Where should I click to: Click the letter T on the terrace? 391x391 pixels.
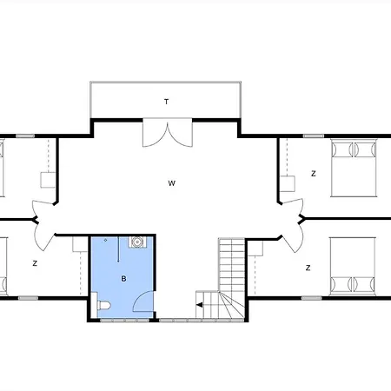[x=166, y=102]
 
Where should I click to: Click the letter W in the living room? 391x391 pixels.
[x=172, y=183]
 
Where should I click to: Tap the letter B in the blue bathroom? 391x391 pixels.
[x=123, y=279]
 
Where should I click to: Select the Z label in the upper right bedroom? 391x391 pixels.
[x=314, y=174]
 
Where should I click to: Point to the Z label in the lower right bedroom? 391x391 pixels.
[x=308, y=268]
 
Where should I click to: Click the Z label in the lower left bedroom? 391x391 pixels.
[x=35, y=263]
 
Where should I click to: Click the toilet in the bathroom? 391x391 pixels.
[x=103, y=305]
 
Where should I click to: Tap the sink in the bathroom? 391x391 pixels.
[x=137, y=242]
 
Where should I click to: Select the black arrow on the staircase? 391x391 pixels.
[x=200, y=305]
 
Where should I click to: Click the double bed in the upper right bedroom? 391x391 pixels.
[x=354, y=169]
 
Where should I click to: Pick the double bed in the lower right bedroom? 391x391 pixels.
[x=353, y=267]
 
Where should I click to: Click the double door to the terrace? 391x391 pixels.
[x=168, y=132]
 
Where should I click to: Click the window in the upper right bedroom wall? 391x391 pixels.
[x=314, y=136]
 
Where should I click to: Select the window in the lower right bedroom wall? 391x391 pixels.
[x=311, y=298]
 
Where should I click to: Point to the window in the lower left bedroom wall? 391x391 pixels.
[x=28, y=298]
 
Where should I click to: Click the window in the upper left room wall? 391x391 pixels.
[x=25, y=136]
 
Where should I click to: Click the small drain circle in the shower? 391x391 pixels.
[x=106, y=240]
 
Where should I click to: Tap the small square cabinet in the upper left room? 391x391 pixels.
[x=48, y=180]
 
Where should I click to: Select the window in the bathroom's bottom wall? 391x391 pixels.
[x=125, y=321]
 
